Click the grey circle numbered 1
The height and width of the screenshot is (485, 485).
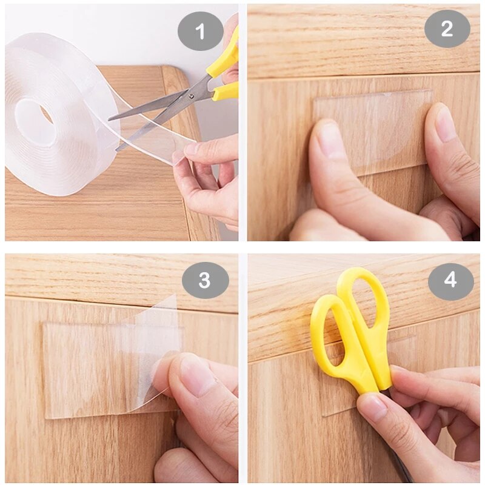[x=201, y=30]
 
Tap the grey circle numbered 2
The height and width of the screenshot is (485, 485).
[x=447, y=28]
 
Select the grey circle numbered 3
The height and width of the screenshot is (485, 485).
[x=205, y=280]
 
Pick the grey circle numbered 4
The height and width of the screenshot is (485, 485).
[x=450, y=281]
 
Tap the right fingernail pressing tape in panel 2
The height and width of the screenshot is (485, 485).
[x=446, y=124]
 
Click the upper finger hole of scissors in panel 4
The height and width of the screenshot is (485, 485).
[x=364, y=303]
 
